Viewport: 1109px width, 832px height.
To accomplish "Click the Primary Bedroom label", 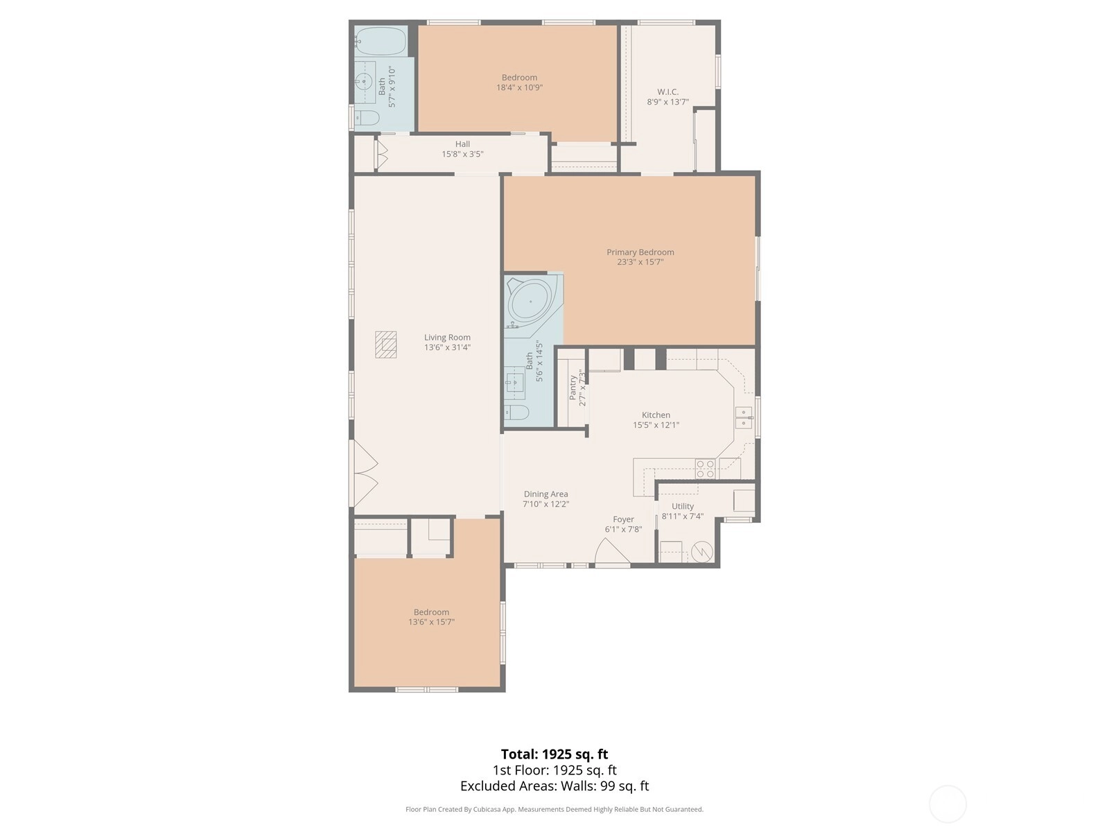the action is tap(640, 252).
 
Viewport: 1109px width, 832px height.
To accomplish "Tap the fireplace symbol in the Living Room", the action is tap(385, 345).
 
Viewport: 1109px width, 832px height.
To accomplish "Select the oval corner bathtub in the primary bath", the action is tap(530, 302).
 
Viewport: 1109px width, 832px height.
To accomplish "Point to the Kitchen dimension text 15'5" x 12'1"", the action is tap(656, 425).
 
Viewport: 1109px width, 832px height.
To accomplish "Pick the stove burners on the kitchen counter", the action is tap(705, 468).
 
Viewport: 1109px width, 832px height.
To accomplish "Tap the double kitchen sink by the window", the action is tap(743, 418).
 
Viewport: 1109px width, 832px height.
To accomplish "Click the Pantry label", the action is tap(573, 388).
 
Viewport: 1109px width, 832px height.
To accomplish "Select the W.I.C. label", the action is tap(667, 92).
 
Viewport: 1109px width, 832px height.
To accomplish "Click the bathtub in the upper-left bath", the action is tap(381, 42).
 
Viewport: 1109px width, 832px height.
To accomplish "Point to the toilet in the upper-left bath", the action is tap(367, 118).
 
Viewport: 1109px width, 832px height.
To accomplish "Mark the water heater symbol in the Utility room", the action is tap(701, 552).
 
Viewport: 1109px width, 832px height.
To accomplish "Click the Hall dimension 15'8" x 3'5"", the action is tap(462, 153).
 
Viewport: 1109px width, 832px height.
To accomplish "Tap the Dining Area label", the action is tap(545, 494).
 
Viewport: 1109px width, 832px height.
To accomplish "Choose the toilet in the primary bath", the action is tap(517, 413).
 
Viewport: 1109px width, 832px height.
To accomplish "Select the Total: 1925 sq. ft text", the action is tap(554, 754).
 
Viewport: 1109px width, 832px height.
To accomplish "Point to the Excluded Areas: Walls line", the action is tap(554, 786).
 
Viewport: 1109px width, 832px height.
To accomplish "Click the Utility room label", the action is tap(683, 506).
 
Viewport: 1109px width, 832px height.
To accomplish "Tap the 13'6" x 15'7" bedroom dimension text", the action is tap(432, 622).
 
